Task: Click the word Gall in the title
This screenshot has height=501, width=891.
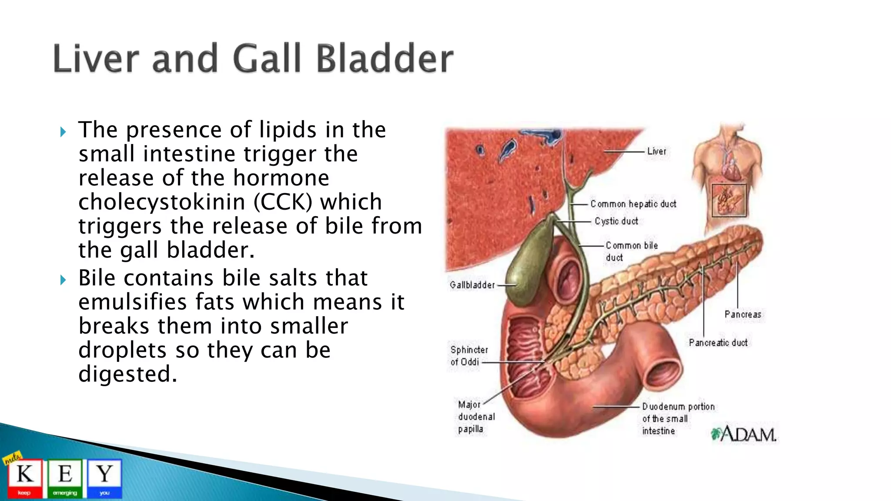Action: [267, 58]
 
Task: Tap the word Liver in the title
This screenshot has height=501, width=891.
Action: [95, 58]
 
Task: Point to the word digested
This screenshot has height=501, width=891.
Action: [128, 374]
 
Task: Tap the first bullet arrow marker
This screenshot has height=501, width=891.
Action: [63, 132]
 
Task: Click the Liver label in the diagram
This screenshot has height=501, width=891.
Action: [657, 151]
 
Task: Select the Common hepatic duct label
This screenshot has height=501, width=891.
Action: [633, 204]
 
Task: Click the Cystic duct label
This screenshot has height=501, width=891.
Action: [616, 221]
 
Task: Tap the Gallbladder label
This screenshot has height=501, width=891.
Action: [472, 285]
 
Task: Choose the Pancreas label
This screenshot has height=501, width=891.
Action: [743, 314]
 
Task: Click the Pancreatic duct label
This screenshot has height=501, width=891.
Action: [718, 343]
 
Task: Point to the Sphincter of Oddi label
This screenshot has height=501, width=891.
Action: [469, 356]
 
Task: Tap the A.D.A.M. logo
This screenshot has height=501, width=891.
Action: [744, 434]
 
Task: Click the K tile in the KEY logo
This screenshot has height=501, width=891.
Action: [25, 478]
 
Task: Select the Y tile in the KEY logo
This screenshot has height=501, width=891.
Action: [104, 478]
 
